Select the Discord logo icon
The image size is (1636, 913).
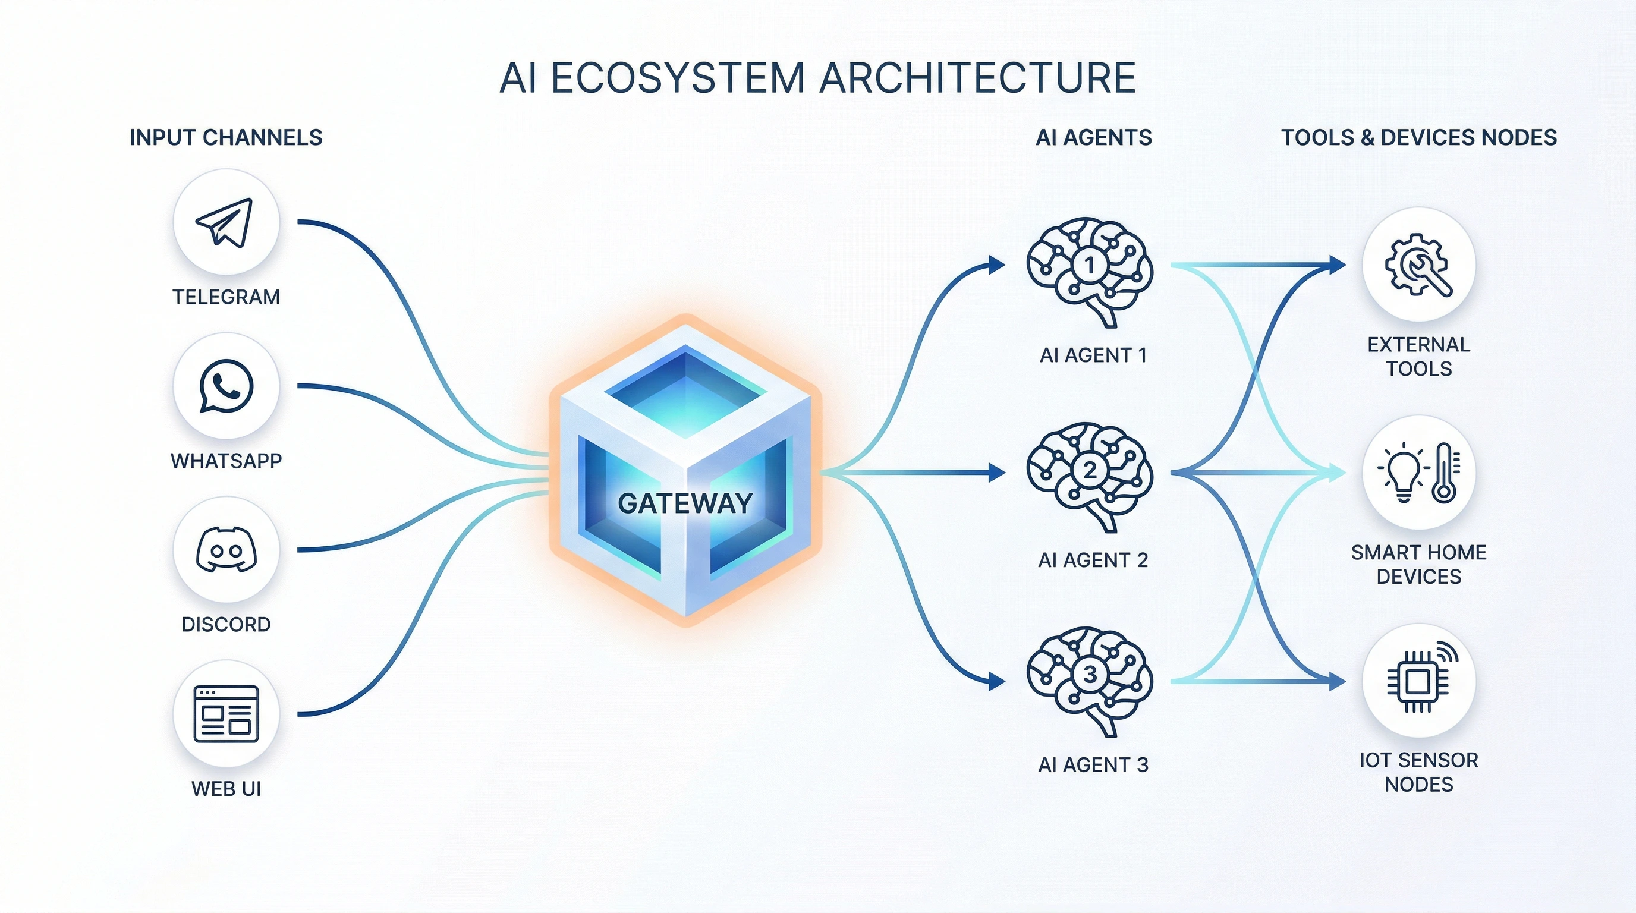(226, 550)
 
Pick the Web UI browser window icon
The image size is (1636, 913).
(226, 714)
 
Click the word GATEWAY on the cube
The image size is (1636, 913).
(685, 503)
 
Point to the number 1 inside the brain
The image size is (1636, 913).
(1090, 264)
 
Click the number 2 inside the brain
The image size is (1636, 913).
(1090, 470)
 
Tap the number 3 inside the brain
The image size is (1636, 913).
(1090, 674)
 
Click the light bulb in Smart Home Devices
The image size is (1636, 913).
(1404, 473)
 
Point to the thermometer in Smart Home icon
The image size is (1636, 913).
(1444, 473)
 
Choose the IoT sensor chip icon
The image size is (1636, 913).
(1417, 682)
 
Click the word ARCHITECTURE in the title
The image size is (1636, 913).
(977, 78)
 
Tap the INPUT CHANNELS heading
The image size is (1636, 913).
(225, 138)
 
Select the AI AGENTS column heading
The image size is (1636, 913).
(1093, 138)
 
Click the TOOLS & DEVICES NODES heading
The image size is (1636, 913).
(1418, 138)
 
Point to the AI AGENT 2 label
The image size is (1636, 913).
(1093, 560)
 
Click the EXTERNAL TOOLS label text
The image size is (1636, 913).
(1418, 356)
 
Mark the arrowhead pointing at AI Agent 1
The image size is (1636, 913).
(997, 264)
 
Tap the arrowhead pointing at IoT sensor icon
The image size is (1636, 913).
(1338, 682)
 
